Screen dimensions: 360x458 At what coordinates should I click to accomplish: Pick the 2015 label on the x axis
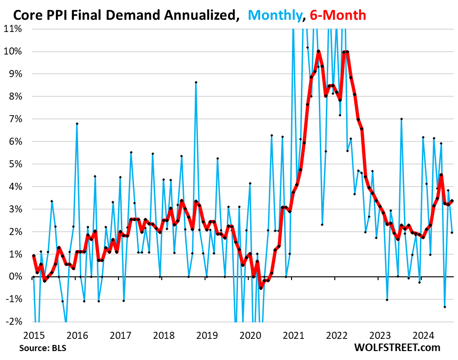(x=34, y=336)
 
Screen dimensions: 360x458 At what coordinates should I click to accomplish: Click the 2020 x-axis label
(x=250, y=336)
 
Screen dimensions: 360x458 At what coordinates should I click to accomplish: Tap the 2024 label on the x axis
(x=422, y=336)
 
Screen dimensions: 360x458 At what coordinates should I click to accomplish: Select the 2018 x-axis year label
(x=164, y=336)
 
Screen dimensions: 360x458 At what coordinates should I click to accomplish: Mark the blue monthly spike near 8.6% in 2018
(x=196, y=82)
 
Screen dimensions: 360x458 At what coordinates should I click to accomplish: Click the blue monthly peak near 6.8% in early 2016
(x=77, y=124)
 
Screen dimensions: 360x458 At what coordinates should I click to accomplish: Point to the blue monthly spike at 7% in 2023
(x=401, y=119)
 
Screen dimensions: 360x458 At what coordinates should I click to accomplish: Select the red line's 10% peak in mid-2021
(x=318, y=51)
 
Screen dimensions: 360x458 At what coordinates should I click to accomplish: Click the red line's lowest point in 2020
(x=261, y=288)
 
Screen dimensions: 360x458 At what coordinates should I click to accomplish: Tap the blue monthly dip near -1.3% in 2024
(x=444, y=307)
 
